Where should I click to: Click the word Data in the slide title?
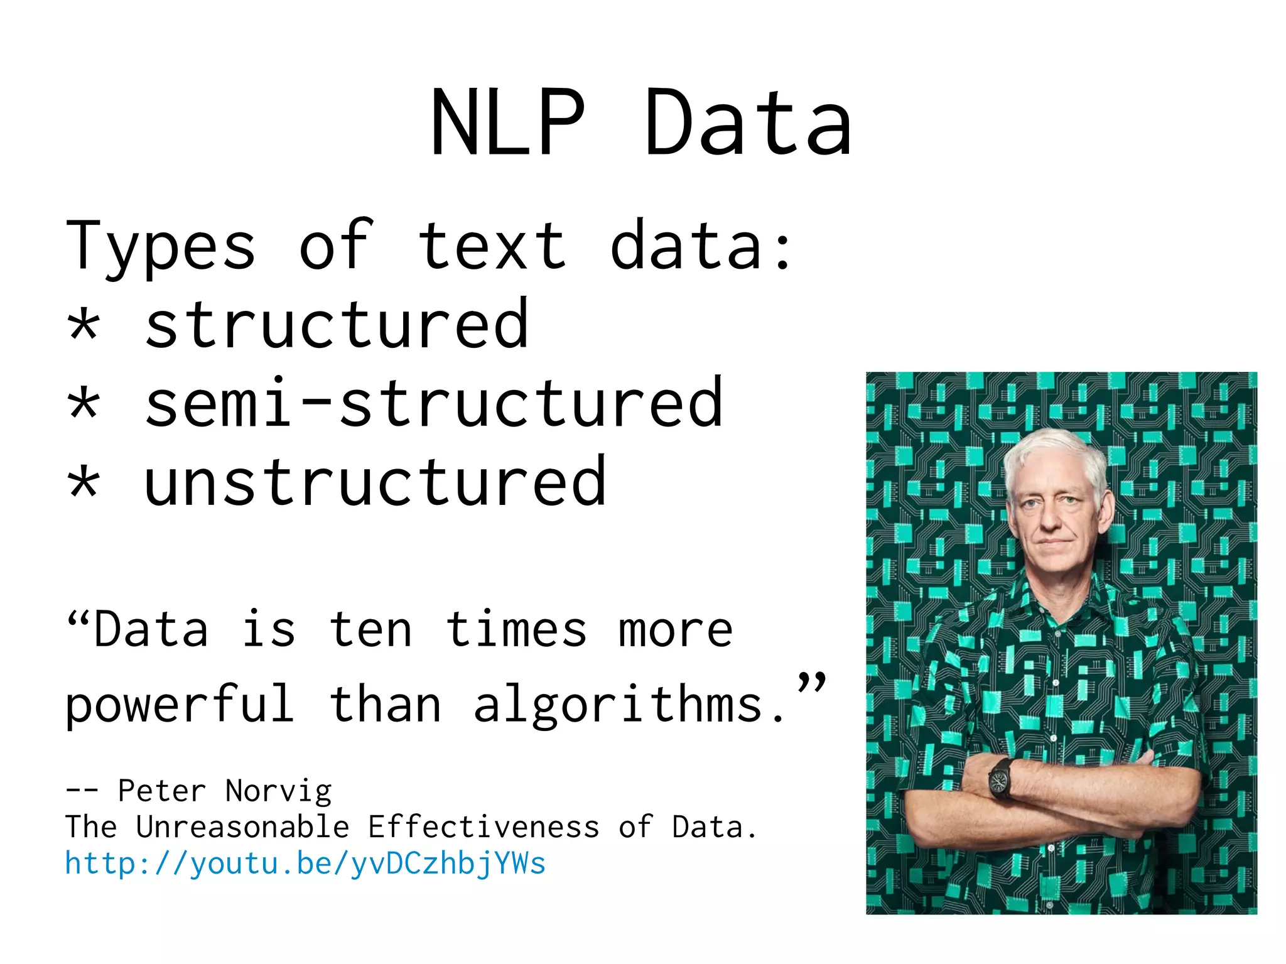(x=747, y=122)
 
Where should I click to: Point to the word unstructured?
(x=375, y=482)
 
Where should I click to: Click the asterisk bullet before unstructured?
(x=84, y=484)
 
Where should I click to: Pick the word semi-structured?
(x=433, y=403)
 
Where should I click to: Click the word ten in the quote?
(x=370, y=629)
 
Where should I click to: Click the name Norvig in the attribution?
(x=278, y=791)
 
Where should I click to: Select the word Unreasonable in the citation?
(x=242, y=826)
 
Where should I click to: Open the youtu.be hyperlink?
(x=305, y=864)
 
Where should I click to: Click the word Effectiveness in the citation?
(x=484, y=826)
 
